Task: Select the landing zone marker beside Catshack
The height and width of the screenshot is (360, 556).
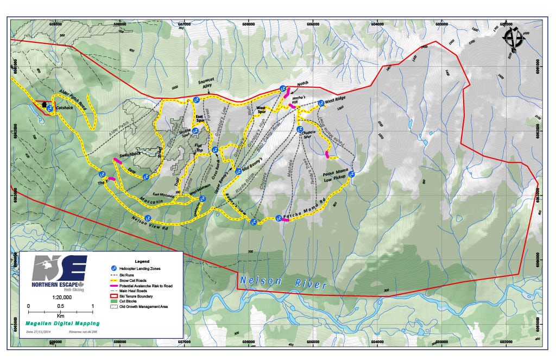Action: click(x=49, y=109)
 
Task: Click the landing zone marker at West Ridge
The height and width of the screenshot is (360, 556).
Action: click(x=321, y=103)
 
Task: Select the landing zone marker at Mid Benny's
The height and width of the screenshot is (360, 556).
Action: click(x=237, y=171)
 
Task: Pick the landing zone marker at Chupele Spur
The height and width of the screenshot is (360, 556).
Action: click(x=300, y=129)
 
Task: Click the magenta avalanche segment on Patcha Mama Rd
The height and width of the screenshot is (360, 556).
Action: click(x=285, y=220)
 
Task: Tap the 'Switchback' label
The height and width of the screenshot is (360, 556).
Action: click(x=130, y=154)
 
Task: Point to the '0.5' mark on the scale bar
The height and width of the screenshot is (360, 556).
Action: click(x=60, y=306)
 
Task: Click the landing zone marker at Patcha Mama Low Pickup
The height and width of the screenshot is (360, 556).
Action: click(x=351, y=174)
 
